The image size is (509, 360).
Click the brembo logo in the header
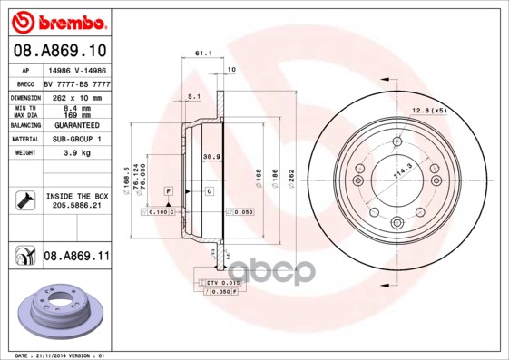click(60, 20)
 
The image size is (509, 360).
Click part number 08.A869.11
click(76, 257)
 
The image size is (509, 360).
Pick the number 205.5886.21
click(76, 206)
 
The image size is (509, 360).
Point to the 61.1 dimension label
click(202, 54)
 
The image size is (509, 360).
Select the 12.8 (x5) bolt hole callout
click(430, 111)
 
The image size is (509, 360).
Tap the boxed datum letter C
click(209, 190)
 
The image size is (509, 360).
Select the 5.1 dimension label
click(193, 95)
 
